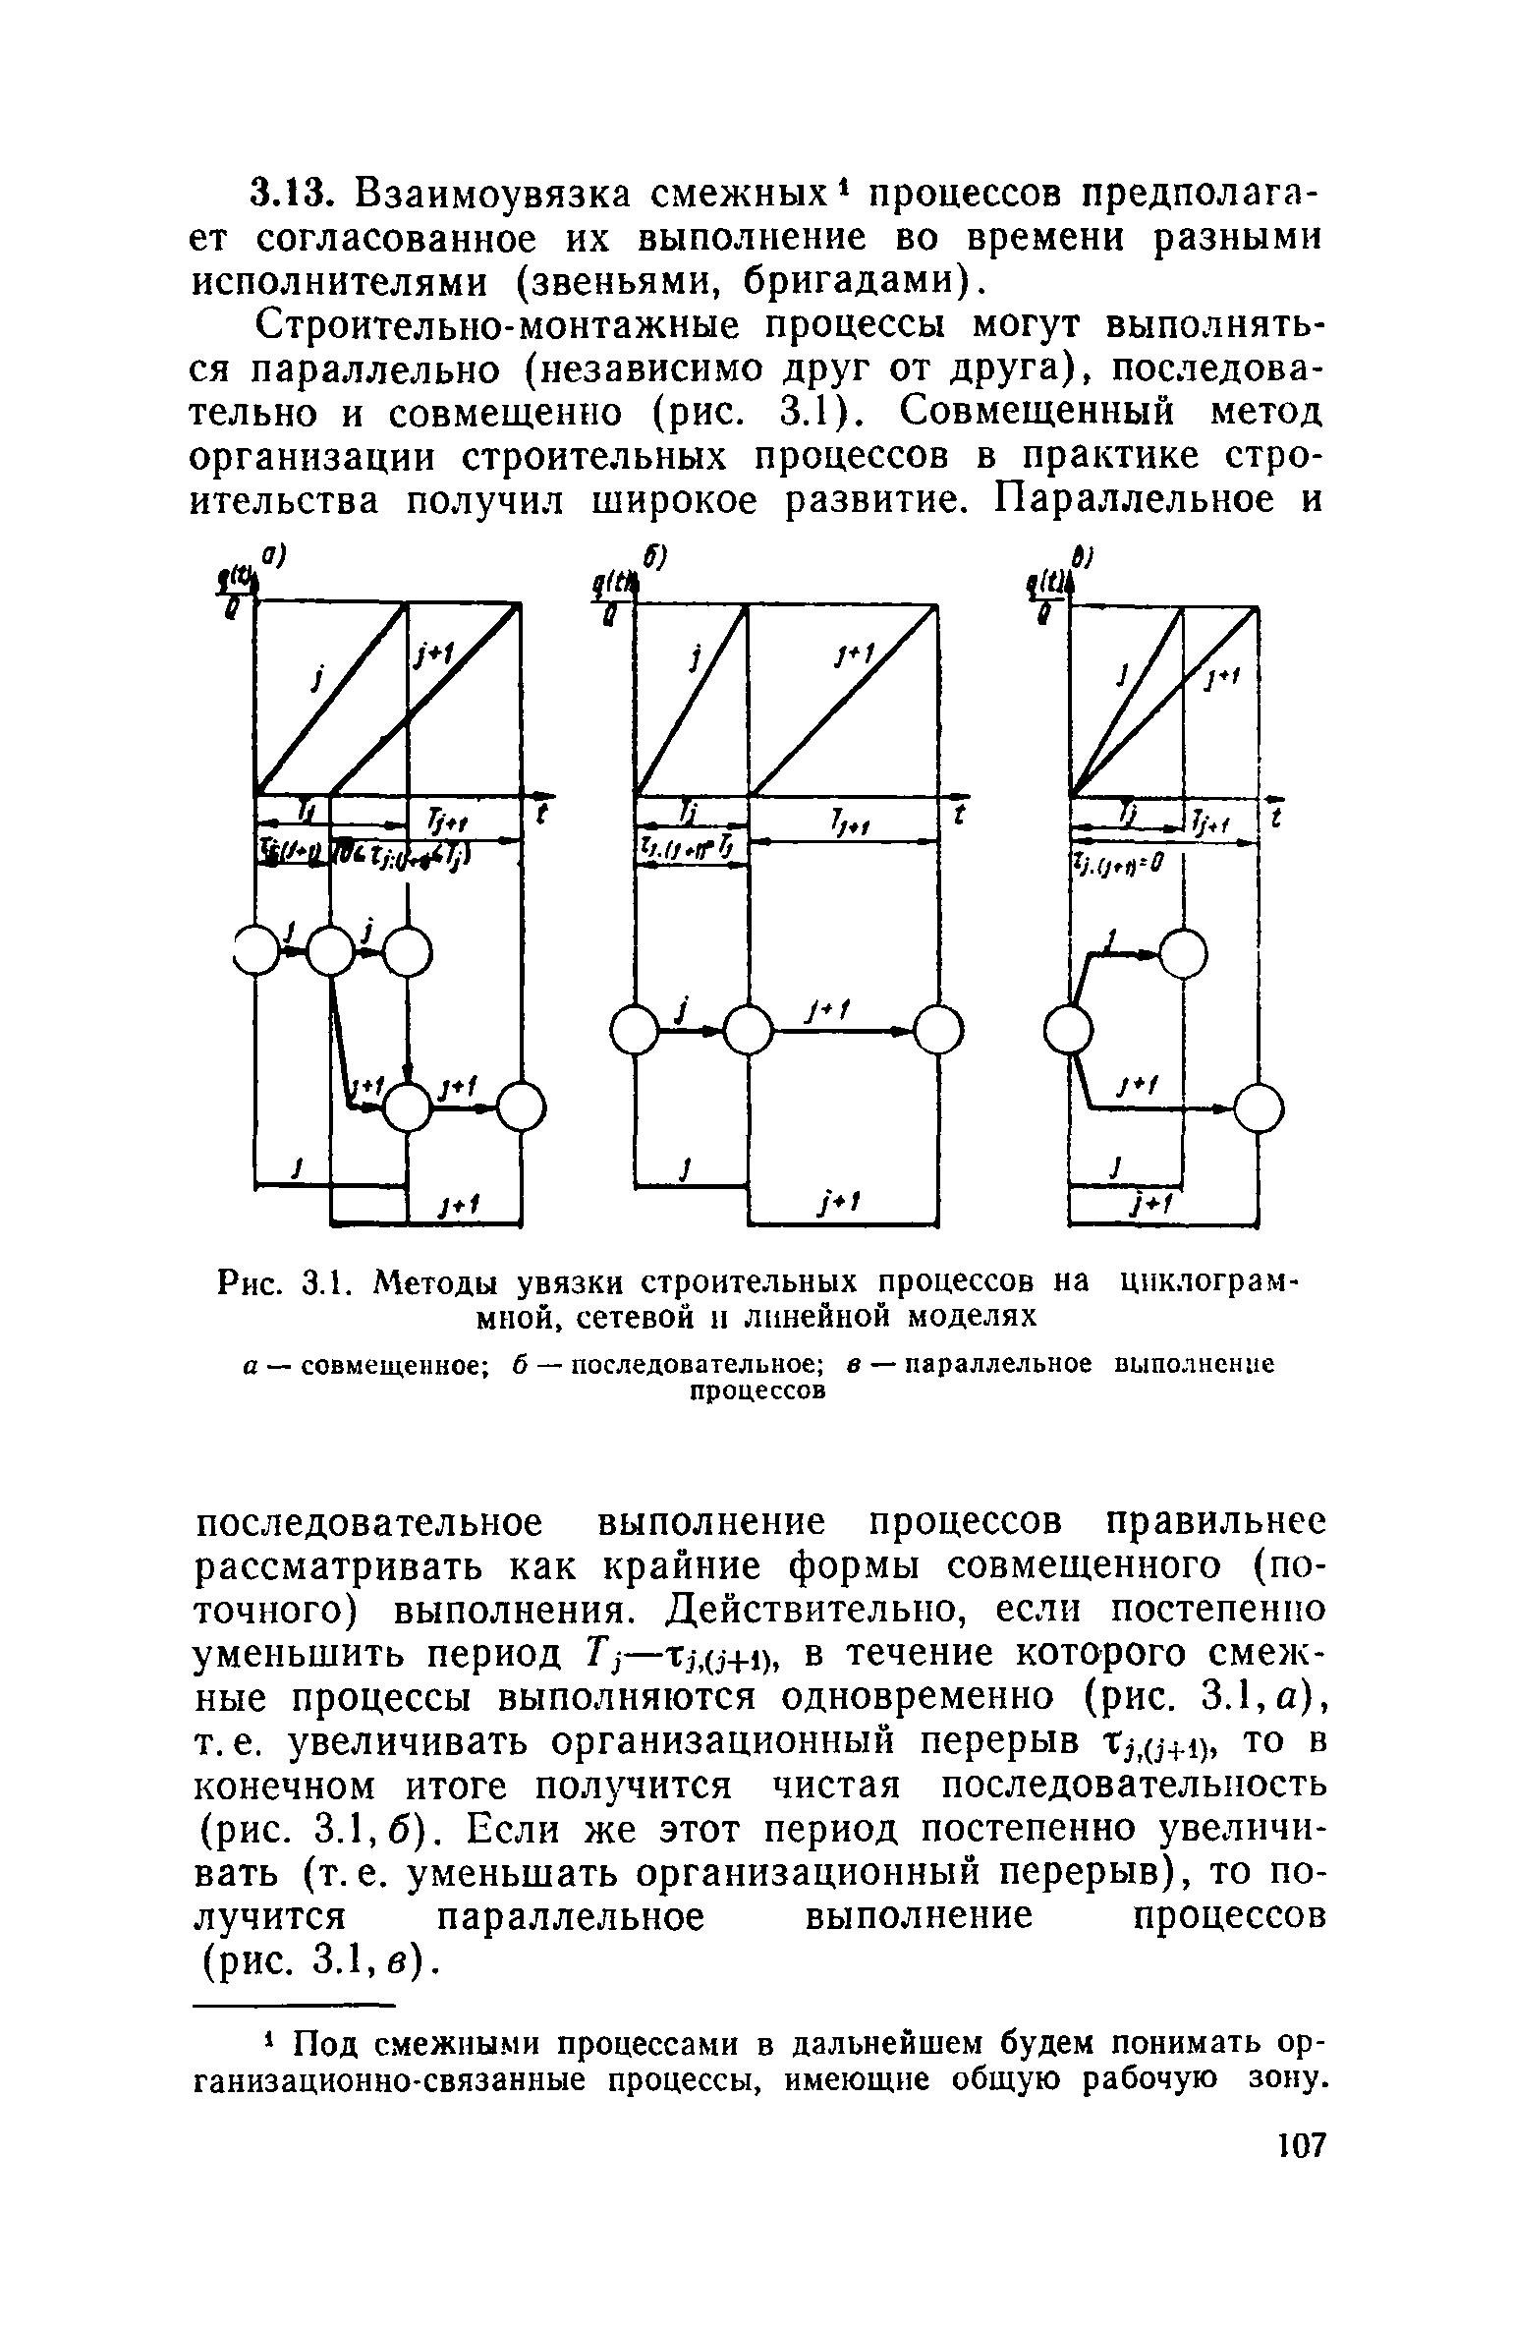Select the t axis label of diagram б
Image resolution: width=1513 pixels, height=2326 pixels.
coord(957,814)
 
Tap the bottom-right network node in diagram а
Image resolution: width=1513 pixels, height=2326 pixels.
coord(520,1107)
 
